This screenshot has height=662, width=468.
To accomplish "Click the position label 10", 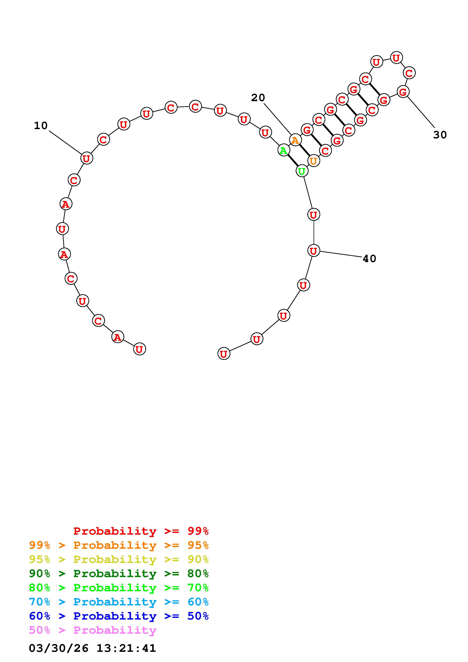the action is [x=41, y=125].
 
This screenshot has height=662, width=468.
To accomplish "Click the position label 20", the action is [x=258, y=98].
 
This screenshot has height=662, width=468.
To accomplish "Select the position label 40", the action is [x=369, y=259].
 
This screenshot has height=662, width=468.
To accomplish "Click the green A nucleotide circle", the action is [x=284, y=150].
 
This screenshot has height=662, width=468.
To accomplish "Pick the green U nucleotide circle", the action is [x=302, y=171].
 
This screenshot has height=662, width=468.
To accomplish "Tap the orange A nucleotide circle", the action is [x=295, y=140].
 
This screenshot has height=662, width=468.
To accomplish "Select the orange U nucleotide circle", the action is [x=313, y=161].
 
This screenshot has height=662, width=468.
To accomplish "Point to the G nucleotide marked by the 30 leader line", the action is [x=403, y=92].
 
